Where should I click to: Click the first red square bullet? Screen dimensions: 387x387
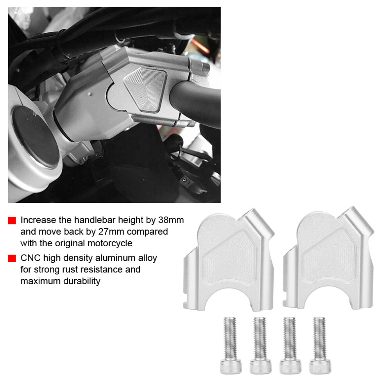[x=12, y=220]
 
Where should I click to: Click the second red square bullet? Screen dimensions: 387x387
[x=12, y=258]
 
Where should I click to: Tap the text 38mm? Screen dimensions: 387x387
[x=171, y=220]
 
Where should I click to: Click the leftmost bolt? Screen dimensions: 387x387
[x=231, y=345]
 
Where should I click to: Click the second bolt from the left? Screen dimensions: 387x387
[x=260, y=345]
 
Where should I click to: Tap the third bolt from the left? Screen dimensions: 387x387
[x=290, y=345]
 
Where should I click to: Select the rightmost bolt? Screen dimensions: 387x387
[x=320, y=345]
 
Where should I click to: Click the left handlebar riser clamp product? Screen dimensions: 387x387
[x=229, y=259]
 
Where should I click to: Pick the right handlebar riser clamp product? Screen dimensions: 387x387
[x=328, y=258]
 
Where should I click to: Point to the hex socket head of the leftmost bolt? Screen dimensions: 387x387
[x=231, y=367]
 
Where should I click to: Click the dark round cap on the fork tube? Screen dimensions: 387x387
[x=36, y=137]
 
